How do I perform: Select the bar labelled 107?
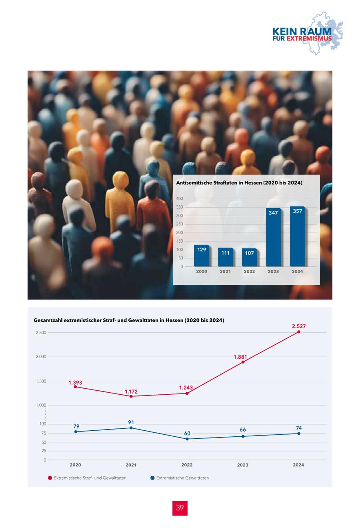(249, 257)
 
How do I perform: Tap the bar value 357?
(297, 211)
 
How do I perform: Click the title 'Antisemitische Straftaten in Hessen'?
(239, 183)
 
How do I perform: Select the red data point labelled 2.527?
(298, 332)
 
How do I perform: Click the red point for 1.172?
(131, 396)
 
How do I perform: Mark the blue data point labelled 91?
(131, 428)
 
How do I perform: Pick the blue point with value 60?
(187, 439)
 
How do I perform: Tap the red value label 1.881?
(240, 357)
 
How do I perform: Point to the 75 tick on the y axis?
(42, 433)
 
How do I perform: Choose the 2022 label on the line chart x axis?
(187, 465)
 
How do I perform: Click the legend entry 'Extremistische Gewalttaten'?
(182, 478)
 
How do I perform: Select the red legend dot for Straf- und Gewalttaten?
(50, 478)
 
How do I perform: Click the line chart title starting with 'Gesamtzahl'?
(129, 320)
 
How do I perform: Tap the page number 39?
(180, 508)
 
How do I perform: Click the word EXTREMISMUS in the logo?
(309, 39)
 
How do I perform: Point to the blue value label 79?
(76, 427)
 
